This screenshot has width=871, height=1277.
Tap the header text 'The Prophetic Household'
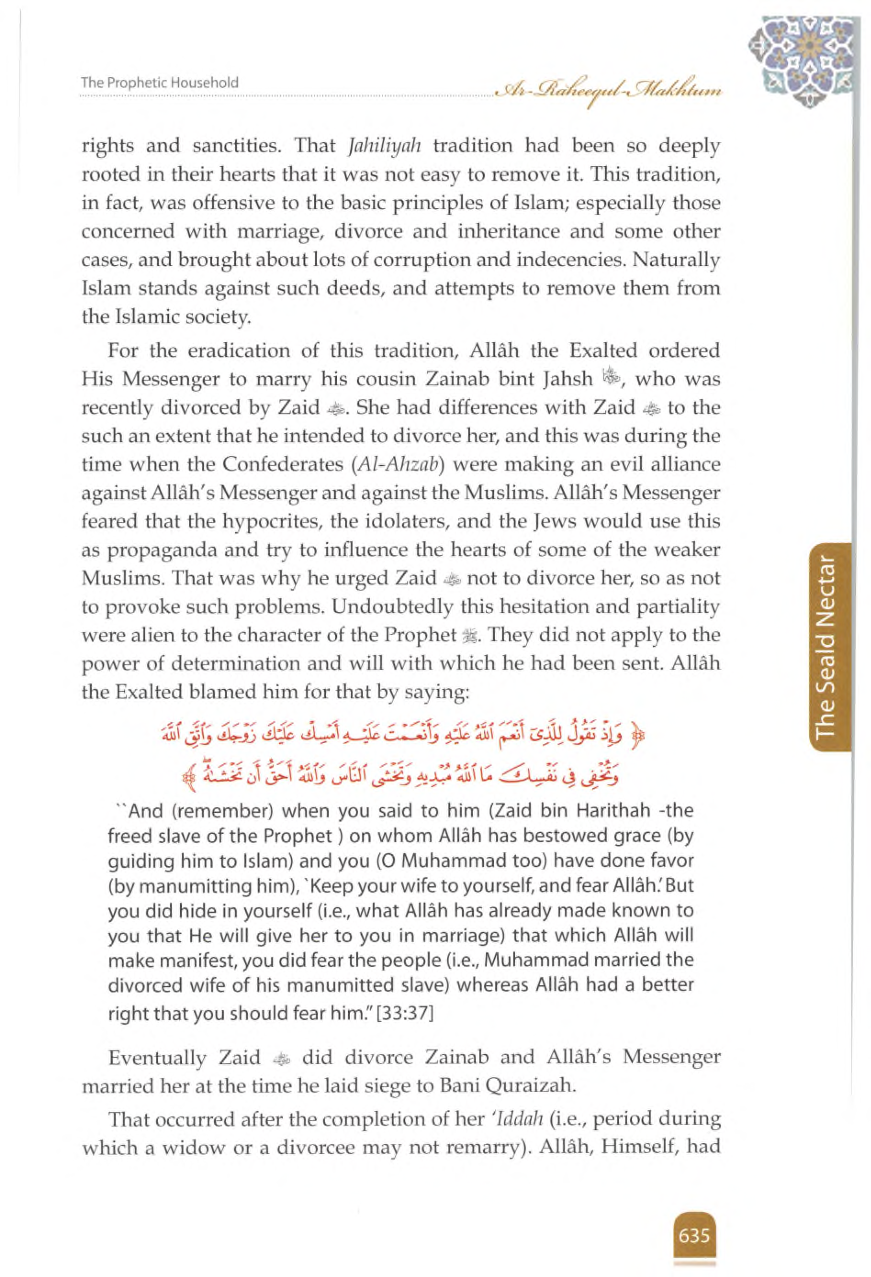[159, 83]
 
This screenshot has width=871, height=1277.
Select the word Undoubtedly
[392, 607]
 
